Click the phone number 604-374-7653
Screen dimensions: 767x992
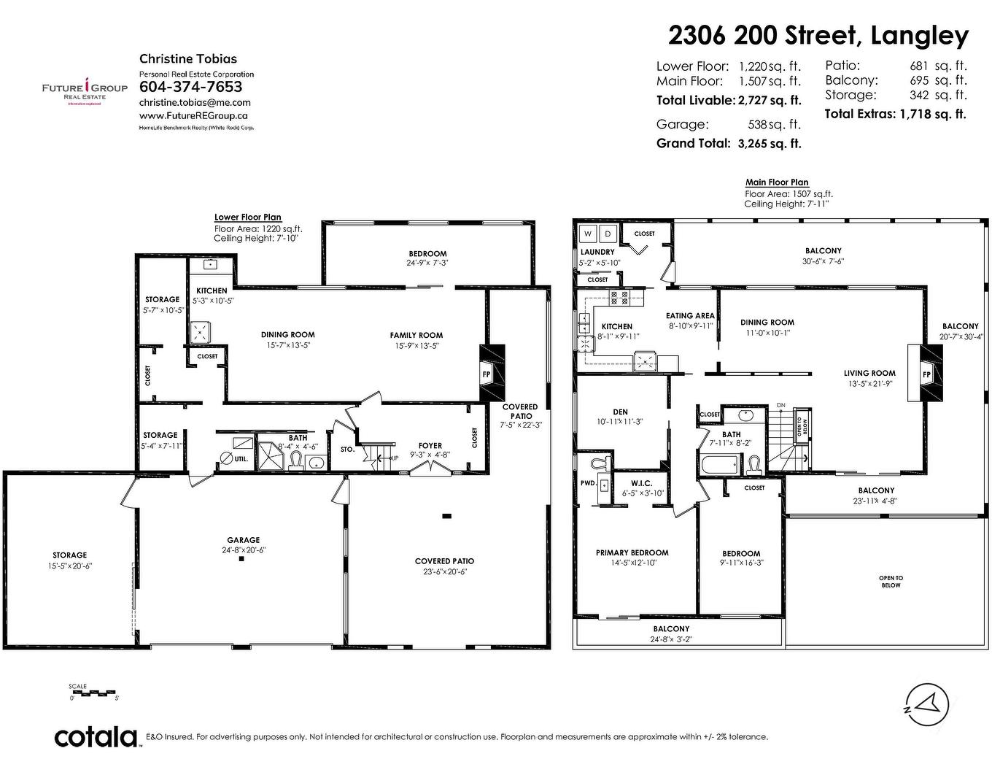tap(190, 87)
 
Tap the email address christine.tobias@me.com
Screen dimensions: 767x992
tap(195, 103)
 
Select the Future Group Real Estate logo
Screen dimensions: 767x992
tap(85, 90)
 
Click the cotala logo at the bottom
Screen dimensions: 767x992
tap(96, 736)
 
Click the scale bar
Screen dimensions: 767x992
tap(94, 692)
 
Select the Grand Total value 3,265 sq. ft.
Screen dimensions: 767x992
tap(769, 144)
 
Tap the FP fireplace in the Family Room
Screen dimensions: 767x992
tap(487, 374)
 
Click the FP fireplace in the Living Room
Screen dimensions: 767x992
tap(926, 374)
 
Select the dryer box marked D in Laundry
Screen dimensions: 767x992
tap(608, 234)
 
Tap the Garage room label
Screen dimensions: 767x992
tap(243, 541)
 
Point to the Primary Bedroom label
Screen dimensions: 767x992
tap(632, 552)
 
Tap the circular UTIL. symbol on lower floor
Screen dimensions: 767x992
tap(225, 458)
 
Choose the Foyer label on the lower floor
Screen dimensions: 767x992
tap(430, 446)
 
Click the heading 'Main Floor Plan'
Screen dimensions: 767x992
tap(776, 182)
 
